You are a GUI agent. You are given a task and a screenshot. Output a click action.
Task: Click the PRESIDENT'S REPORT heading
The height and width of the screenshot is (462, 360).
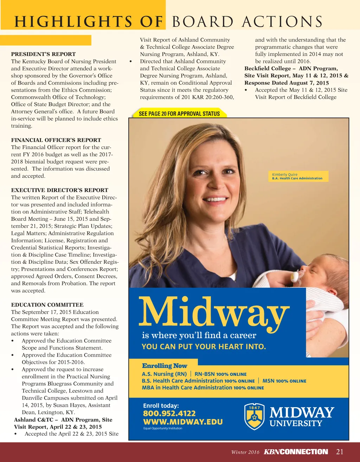(43, 54)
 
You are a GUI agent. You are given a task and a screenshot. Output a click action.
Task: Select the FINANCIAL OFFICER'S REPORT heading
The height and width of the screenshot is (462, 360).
(56, 140)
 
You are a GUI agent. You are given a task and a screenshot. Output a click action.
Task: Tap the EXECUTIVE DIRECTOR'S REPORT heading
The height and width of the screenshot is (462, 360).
(59, 190)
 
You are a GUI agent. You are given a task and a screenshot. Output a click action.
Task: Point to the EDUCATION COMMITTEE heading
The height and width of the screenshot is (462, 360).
(47, 305)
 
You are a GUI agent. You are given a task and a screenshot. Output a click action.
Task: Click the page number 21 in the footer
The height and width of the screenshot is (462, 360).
(340, 452)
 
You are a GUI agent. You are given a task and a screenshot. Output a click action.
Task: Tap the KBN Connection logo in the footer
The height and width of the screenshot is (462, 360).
(296, 452)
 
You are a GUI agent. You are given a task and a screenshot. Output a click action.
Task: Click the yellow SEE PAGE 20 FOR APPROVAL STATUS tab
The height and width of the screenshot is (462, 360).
(179, 114)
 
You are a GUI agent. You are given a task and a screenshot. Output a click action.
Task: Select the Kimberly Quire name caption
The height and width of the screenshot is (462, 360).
(285, 174)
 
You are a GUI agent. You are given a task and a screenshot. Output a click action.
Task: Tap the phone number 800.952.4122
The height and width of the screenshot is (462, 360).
(169, 413)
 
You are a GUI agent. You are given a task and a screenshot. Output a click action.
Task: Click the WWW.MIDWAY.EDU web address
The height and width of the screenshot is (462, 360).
(183, 422)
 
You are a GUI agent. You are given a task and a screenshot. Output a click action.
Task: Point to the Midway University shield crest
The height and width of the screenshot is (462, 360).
(255, 417)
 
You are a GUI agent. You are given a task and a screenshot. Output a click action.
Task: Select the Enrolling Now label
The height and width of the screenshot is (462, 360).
(165, 366)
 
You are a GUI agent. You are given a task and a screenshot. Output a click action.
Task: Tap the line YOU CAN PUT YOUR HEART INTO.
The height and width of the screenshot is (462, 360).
(204, 347)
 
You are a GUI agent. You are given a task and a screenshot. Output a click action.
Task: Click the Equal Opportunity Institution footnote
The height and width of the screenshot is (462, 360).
(163, 428)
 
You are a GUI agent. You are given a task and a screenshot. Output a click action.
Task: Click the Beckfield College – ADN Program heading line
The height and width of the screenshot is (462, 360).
(291, 69)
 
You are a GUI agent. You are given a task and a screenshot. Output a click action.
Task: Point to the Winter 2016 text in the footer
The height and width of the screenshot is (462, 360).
(245, 452)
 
